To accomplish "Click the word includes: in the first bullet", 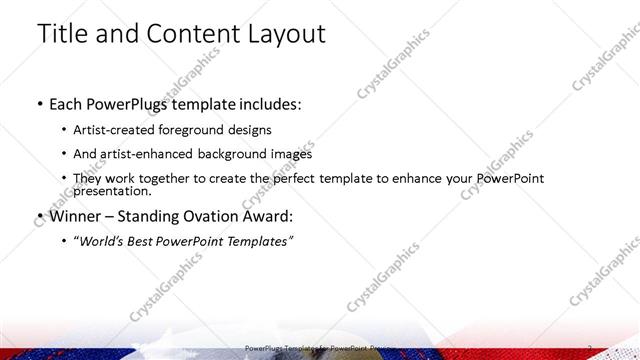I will point(265,103).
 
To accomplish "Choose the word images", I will point(290,154).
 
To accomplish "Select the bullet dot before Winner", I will point(38,215).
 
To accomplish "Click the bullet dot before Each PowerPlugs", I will point(38,104).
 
